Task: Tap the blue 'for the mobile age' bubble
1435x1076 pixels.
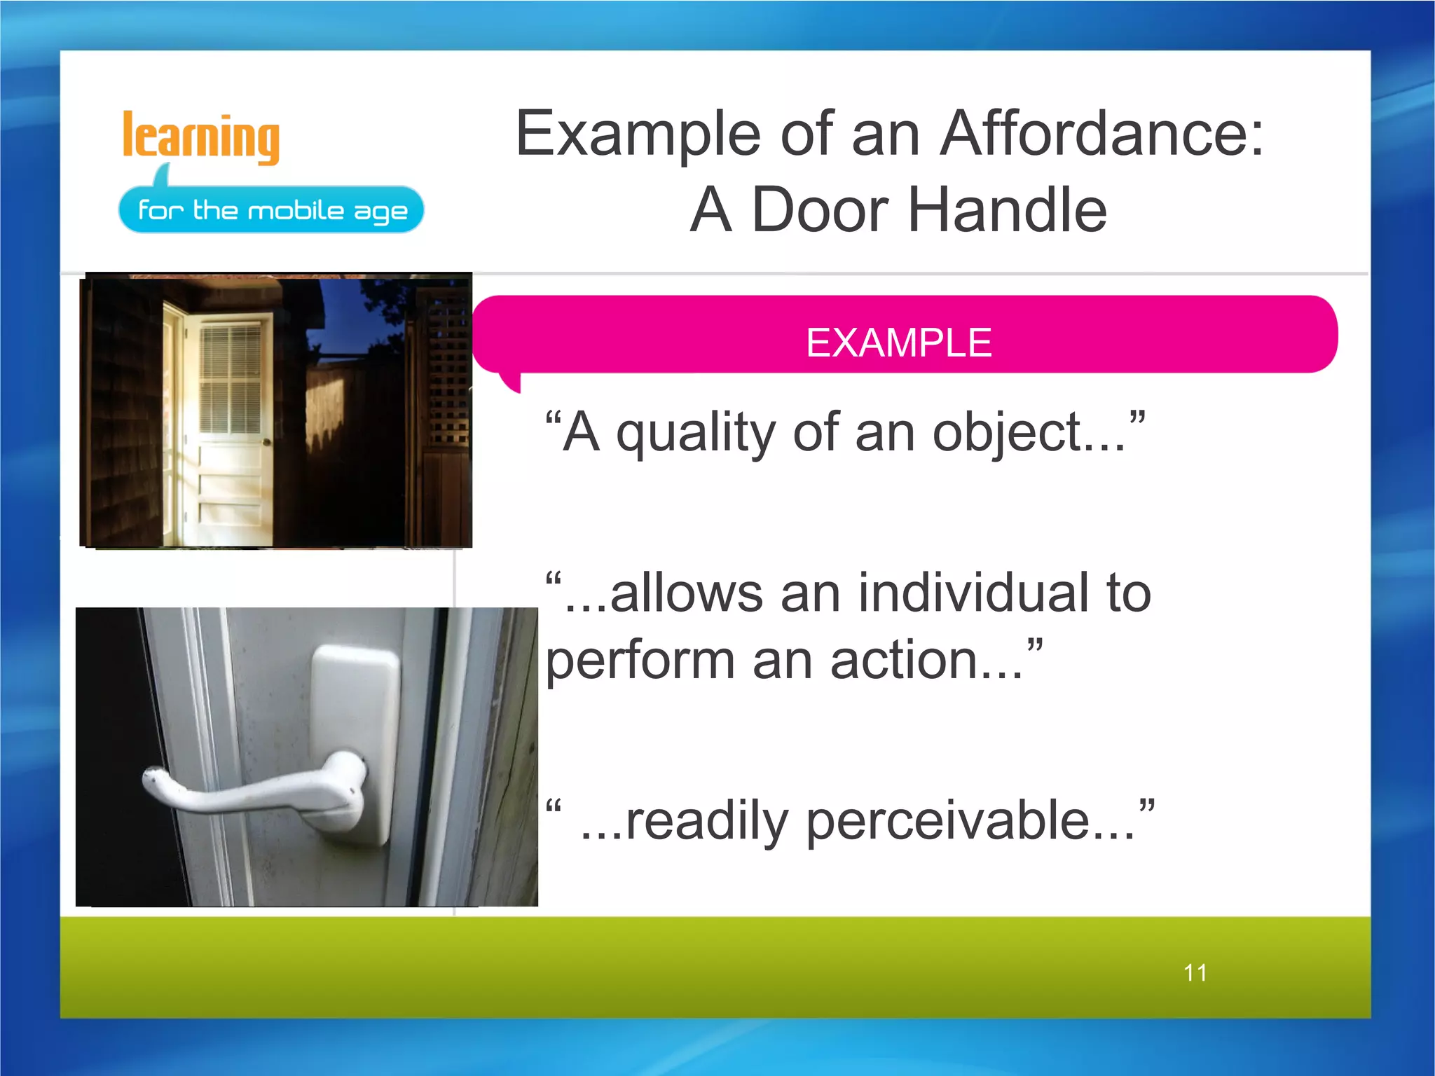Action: [x=271, y=210]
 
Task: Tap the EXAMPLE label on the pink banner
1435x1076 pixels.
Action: [x=898, y=343]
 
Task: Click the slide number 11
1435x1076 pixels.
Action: [x=1195, y=972]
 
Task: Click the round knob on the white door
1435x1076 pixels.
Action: [x=266, y=441]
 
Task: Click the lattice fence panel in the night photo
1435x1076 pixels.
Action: [x=447, y=364]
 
